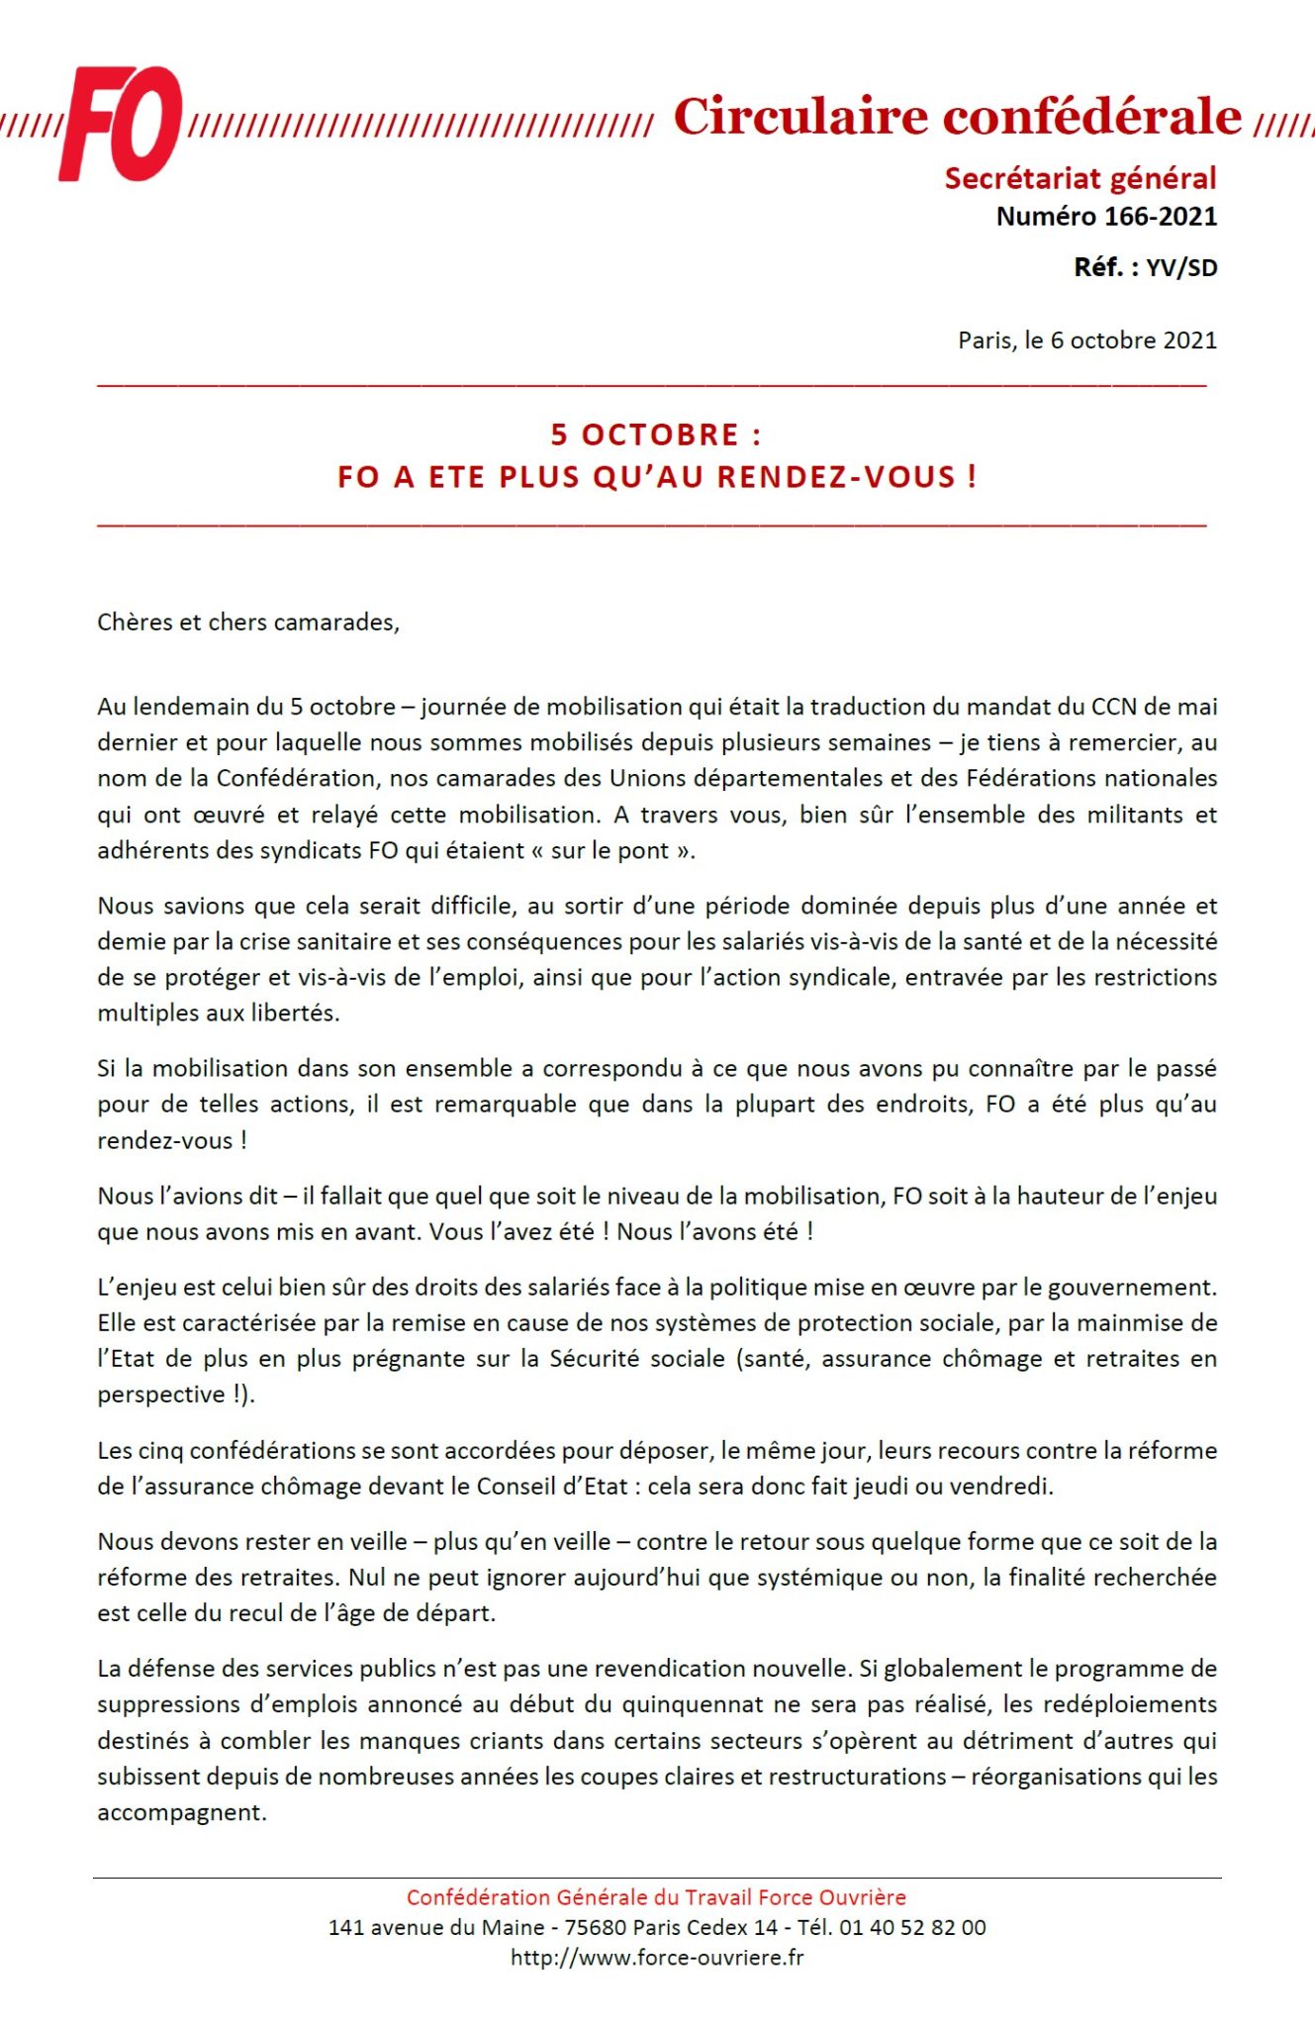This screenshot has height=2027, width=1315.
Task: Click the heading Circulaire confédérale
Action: click(956, 117)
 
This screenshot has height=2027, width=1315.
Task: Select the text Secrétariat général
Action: click(1080, 178)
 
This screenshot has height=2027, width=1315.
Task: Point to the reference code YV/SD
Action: click(1181, 267)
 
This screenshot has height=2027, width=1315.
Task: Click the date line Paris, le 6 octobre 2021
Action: click(1086, 340)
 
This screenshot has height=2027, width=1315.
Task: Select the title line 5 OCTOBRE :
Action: click(656, 434)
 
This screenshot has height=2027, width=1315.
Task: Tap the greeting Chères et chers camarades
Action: click(247, 623)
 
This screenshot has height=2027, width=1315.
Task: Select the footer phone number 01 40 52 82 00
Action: click(912, 1927)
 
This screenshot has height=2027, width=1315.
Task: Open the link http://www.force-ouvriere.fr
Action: click(657, 1957)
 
